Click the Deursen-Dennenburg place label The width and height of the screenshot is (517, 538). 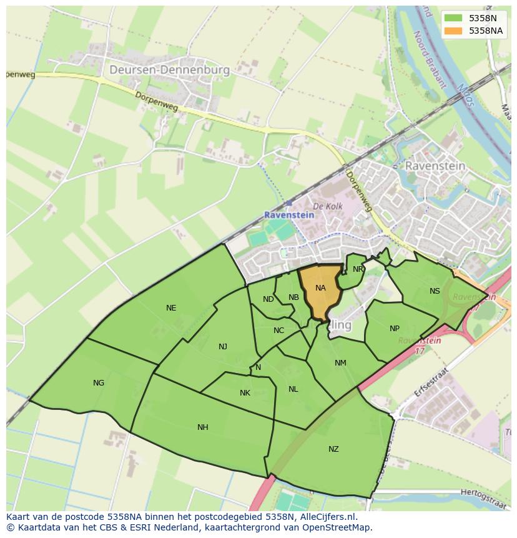pos(169,70)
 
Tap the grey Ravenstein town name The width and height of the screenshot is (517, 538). pos(435,166)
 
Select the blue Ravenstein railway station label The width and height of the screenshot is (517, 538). pos(289,214)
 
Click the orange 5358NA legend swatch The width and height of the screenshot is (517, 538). pos(453,31)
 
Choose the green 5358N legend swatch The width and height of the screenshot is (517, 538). pos(453,18)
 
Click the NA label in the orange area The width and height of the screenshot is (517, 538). pos(320,288)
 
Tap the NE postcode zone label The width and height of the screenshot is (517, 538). pos(171,308)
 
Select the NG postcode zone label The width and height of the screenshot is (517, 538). pos(99,383)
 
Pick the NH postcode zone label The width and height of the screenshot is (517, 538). pos(203,427)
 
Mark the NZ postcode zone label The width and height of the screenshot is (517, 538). pos(333,449)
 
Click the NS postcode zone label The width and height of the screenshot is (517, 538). pos(435,291)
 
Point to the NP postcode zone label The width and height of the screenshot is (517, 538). pos(395,329)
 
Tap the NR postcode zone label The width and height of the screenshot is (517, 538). pos(358,269)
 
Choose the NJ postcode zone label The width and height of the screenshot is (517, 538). pos(223,347)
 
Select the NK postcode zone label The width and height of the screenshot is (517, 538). pos(245,393)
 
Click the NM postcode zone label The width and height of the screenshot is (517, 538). pos(340,363)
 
